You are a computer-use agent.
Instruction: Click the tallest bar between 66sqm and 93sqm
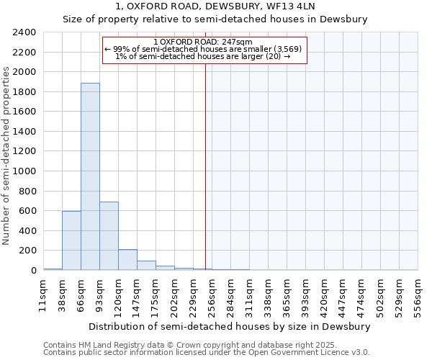[x=90, y=176]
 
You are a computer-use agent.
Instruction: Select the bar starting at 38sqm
[x=71, y=240]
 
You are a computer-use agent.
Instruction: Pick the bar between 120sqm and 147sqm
[x=127, y=260]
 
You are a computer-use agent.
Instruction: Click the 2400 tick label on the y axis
[x=24, y=32]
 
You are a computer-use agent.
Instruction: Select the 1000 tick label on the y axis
[x=24, y=171]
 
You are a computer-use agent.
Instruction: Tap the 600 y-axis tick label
[x=27, y=211]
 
